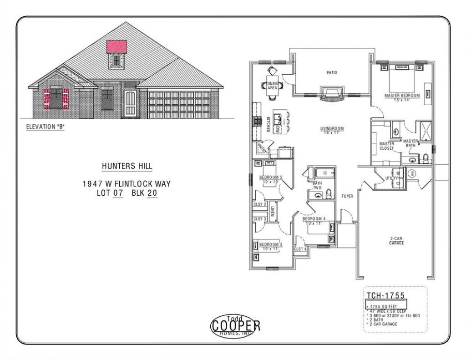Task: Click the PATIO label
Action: [x=332, y=72]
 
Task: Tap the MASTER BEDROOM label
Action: [x=402, y=96]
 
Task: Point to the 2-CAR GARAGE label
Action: [x=396, y=241]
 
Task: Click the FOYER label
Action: [x=348, y=196]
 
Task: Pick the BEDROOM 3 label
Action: [x=271, y=244]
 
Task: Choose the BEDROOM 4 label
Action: [x=314, y=219]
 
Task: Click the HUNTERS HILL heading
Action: [x=127, y=167]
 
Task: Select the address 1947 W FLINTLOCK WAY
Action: [x=126, y=184]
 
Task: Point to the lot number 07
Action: [x=118, y=193]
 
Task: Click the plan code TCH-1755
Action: [x=385, y=296]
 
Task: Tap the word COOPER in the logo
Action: [x=235, y=325]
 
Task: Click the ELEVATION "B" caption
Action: [x=46, y=127]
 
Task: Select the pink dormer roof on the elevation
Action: [x=116, y=47]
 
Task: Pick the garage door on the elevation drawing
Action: [x=179, y=105]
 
